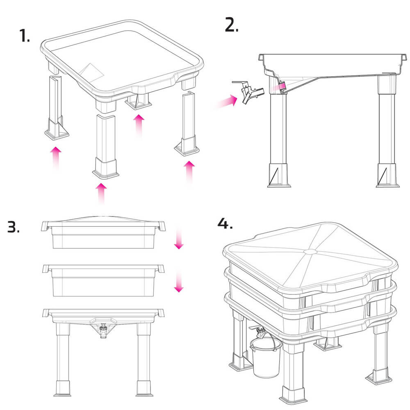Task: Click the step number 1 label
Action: click(x=24, y=36)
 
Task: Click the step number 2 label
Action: click(x=232, y=25)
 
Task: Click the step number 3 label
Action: click(x=14, y=227)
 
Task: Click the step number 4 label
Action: click(x=225, y=223)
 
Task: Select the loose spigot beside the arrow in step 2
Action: click(x=248, y=92)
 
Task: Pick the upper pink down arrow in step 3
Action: click(x=179, y=238)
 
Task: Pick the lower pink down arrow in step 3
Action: click(x=179, y=282)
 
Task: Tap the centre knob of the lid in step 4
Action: click(x=311, y=252)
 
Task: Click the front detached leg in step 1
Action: click(x=106, y=146)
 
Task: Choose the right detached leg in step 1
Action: click(x=187, y=123)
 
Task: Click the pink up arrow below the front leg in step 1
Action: click(x=101, y=194)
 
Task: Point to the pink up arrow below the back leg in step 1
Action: click(x=139, y=126)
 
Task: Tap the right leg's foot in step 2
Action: click(x=387, y=175)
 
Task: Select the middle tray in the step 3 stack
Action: click(x=104, y=280)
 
